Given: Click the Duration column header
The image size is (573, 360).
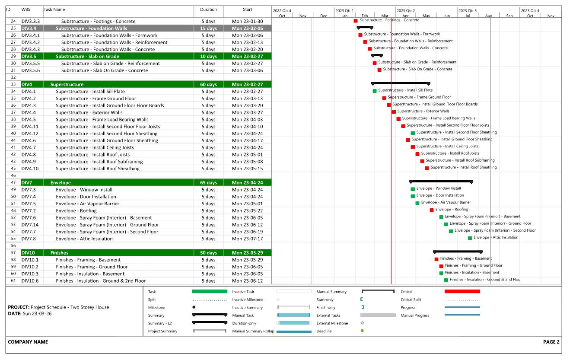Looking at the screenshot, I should pos(208,10).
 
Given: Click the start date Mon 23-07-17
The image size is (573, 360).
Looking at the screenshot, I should pos(247,239).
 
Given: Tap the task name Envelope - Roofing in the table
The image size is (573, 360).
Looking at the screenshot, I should pos(76,210).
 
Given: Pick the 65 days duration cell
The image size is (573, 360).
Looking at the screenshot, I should pos(208,182).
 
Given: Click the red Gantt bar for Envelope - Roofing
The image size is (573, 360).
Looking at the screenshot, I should pos(432,210).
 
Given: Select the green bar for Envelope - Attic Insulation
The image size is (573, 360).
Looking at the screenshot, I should pos(470,238).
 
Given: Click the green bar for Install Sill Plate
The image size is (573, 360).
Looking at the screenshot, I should pos(375,91).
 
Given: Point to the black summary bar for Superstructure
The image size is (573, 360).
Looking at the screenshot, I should pos(400,83).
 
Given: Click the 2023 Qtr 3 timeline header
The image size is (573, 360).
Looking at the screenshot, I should pos(468,10).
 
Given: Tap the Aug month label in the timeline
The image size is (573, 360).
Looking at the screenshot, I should pos(488,16).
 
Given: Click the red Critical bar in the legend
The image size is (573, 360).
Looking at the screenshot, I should pos(462,291).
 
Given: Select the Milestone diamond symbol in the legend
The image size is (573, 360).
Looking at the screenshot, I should pos(194,307).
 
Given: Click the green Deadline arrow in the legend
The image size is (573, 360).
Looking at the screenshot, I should pos(362,331).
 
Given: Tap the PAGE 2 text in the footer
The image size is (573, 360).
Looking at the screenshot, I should pos(551,342).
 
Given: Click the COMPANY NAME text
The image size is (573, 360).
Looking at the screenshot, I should pos(28,342).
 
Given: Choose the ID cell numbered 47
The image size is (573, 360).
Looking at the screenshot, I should pos(13,182).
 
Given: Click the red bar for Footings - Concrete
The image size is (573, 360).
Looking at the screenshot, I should pos(356,21).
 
